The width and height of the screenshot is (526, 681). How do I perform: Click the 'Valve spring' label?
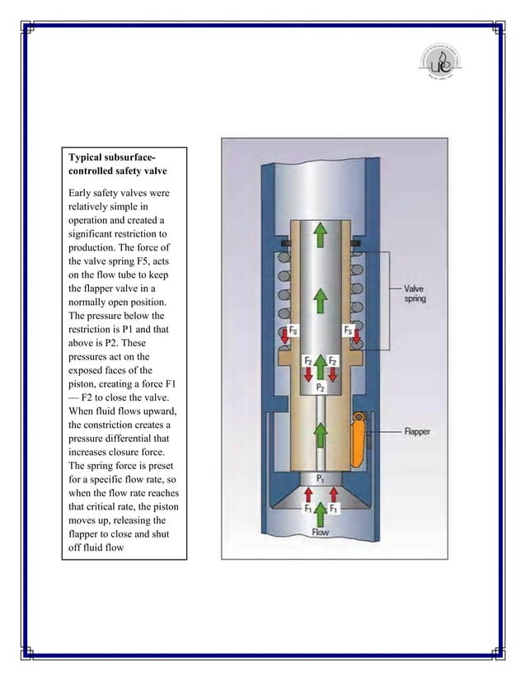(x=416, y=294)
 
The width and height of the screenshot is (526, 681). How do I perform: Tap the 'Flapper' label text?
(x=417, y=430)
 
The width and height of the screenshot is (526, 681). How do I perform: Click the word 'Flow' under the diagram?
(x=320, y=532)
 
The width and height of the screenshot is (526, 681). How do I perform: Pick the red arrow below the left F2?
(x=307, y=373)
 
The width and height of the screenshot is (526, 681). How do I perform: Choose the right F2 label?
(x=332, y=361)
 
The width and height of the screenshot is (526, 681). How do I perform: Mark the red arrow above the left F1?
(x=307, y=494)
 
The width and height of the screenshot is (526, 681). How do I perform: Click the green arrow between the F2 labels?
(x=319, y=364)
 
